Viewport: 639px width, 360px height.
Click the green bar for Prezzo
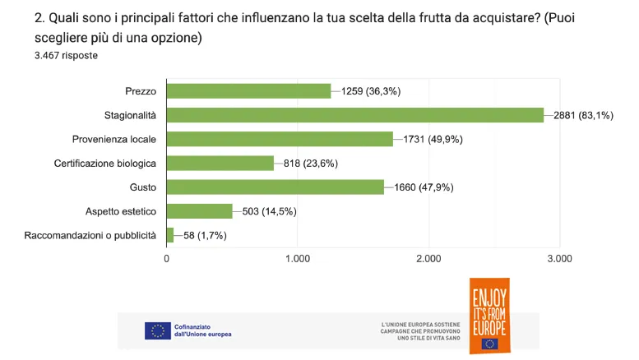(248, 91)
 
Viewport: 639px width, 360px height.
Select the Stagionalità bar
(354, 115)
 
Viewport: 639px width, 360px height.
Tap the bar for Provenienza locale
(280, 139)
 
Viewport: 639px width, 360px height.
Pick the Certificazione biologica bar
(220, 163)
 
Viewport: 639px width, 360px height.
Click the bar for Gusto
(275, 187)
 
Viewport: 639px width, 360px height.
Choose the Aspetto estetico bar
(199, 211)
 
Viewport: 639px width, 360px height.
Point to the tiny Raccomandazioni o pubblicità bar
(170, 235)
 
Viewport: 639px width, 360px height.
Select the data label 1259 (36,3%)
(371, 91)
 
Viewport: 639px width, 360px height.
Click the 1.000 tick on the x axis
(297, 259)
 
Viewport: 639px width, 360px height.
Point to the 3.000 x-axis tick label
(559, 259)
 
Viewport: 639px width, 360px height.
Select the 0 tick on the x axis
(167, 259)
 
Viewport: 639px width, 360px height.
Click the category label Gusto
(143, 187)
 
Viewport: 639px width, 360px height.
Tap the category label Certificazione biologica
(105, 163)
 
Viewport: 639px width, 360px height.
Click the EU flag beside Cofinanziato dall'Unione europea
(157, 330)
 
